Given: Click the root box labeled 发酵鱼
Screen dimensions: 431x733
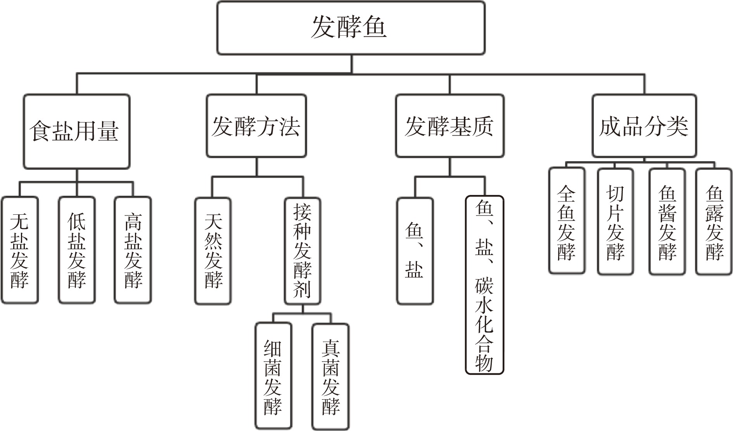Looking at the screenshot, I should coord(351,28).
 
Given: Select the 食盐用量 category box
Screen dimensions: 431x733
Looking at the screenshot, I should coord(76,131).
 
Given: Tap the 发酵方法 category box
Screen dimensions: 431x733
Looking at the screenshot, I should coord(256,126).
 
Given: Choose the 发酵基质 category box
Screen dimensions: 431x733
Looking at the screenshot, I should coord(449,126).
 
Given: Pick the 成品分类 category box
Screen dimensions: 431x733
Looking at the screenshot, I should coord(644,126).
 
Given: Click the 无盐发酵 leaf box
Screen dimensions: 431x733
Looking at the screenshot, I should coord(20,250).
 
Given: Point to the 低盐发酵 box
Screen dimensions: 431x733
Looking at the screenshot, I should coord(77,250).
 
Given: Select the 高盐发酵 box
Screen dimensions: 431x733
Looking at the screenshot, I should coord(133,250).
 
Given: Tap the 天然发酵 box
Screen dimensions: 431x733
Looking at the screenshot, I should coord(213,251).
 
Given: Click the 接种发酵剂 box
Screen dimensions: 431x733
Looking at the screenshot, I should coord(302,251).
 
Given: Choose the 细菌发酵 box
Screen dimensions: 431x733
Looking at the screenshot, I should coord(273,376).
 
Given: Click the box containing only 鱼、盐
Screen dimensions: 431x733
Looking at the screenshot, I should coord(415,251).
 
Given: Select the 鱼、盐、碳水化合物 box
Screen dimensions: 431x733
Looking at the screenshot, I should coord(484,285).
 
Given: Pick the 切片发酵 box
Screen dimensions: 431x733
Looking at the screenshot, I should coord(615,222).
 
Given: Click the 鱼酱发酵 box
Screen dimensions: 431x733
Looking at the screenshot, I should coord(667,222).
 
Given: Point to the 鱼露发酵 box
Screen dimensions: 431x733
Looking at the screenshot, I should coord(714,222).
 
